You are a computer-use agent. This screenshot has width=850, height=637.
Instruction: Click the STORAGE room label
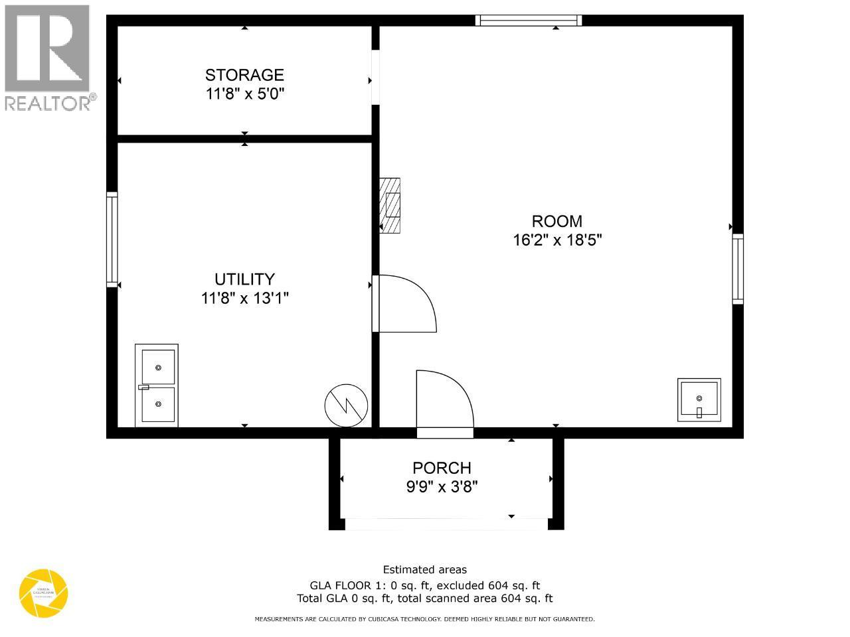click(x=244, y=75)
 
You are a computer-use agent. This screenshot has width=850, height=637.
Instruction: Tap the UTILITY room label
click(x=244, y=279)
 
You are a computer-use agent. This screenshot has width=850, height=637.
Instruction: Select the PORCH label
click(x=442, y=468)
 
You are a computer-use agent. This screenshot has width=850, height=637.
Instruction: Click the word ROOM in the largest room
click(x=556, y=221)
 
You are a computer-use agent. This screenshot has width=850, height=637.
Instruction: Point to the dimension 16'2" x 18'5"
click(x=557, y=240)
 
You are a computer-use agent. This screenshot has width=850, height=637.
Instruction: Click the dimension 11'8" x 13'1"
click(x=244, y=298)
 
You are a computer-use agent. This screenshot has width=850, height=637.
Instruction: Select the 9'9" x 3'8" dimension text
click(x=442, y=486)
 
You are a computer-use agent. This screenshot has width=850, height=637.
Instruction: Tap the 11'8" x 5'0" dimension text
click(x=244, y=94)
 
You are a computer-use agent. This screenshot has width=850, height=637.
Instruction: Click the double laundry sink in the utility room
click(x=157, y=386)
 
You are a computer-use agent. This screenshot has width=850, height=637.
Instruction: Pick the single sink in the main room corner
click(x=699, y=399)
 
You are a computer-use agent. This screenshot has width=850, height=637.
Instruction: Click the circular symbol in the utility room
click(x=346, y=405)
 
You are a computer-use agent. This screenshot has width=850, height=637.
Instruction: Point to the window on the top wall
click(x=529, y=21)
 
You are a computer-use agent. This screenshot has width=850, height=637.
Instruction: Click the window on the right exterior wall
click(x=738, y=269)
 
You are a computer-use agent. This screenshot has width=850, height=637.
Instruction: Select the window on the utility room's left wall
click(x=112, y=240)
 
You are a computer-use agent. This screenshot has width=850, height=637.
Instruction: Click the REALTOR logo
click(x=48, y=57)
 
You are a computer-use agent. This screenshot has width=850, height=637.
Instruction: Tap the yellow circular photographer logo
click(x=44, y=593)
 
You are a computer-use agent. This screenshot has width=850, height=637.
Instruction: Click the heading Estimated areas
click(x=425, y=569)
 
